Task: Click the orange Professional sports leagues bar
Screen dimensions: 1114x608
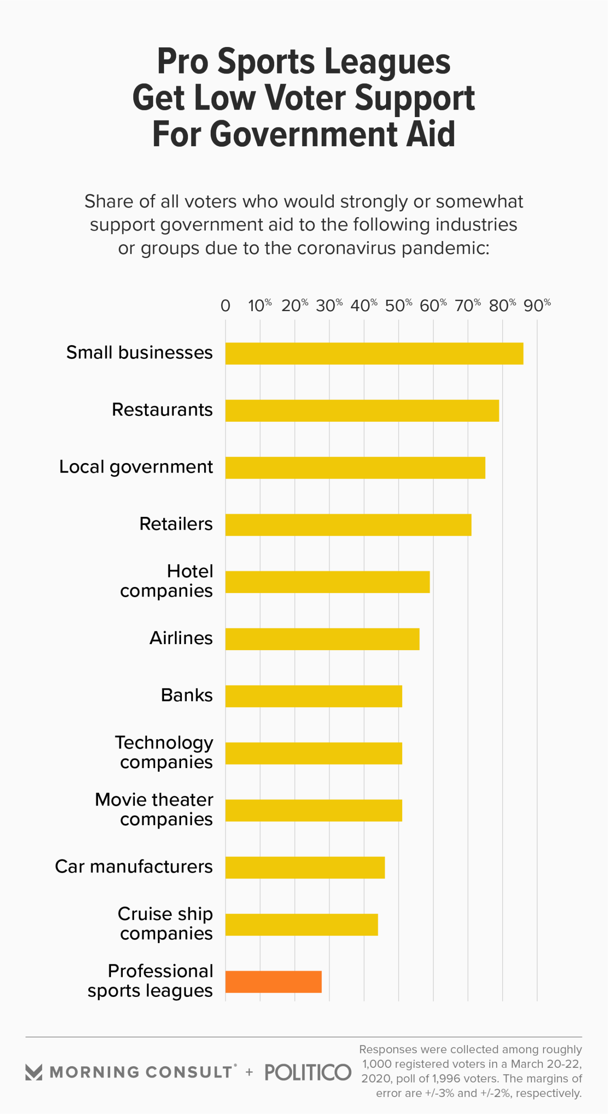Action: coord(273,981)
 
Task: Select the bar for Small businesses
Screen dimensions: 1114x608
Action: coord(374,353)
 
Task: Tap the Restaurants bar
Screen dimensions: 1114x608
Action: coord(362,410)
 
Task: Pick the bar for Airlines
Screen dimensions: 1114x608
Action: coord(322,639)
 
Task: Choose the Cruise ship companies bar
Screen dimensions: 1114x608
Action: coord(301,924)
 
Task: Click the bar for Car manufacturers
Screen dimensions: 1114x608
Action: coord(305,867)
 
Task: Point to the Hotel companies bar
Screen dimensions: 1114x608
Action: coord(327,582)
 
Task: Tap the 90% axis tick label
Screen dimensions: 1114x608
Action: coord(537,305)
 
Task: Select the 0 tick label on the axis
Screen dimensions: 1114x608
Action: coord(225,306)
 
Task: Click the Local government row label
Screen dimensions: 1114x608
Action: coord(136,467)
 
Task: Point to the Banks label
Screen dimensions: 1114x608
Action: coord(187,695)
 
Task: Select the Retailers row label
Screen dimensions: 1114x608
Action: coord(176,524)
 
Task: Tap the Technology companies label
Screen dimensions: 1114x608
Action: coord(164,752)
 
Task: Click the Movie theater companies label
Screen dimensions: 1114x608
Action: coord(154,809)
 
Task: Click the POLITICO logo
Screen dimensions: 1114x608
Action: coord(308,1072)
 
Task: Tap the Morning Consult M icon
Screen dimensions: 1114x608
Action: coord(34,1072)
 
